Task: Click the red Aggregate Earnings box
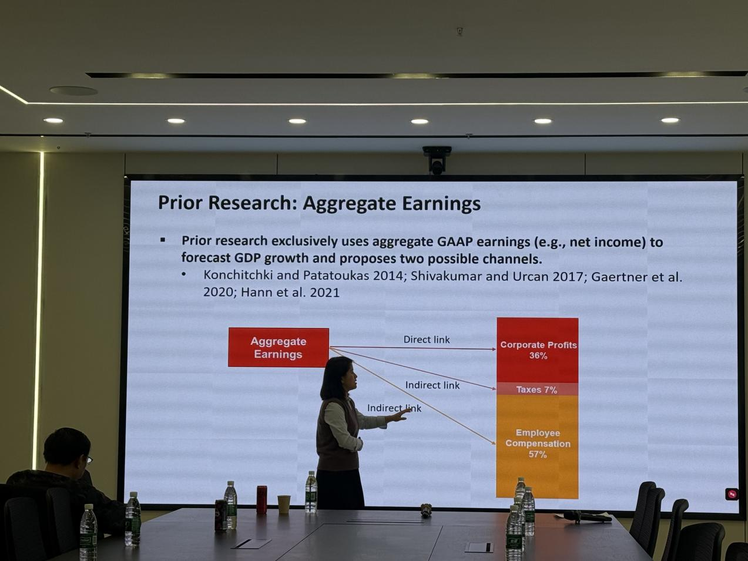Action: click(279, 347)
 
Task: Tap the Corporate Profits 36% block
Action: click(538, 350)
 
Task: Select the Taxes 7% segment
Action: click(537, 389)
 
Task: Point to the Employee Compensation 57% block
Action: click(537, 446)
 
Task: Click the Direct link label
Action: click(427, 340)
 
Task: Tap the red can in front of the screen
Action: click(261, 499)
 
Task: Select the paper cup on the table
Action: click(284, 504)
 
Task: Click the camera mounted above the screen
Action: click(437, 160)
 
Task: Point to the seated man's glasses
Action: click(88, 460)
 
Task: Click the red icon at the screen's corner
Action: click(732, 494)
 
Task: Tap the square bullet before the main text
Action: click(163, 240)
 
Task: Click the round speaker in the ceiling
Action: click(73, 90)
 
